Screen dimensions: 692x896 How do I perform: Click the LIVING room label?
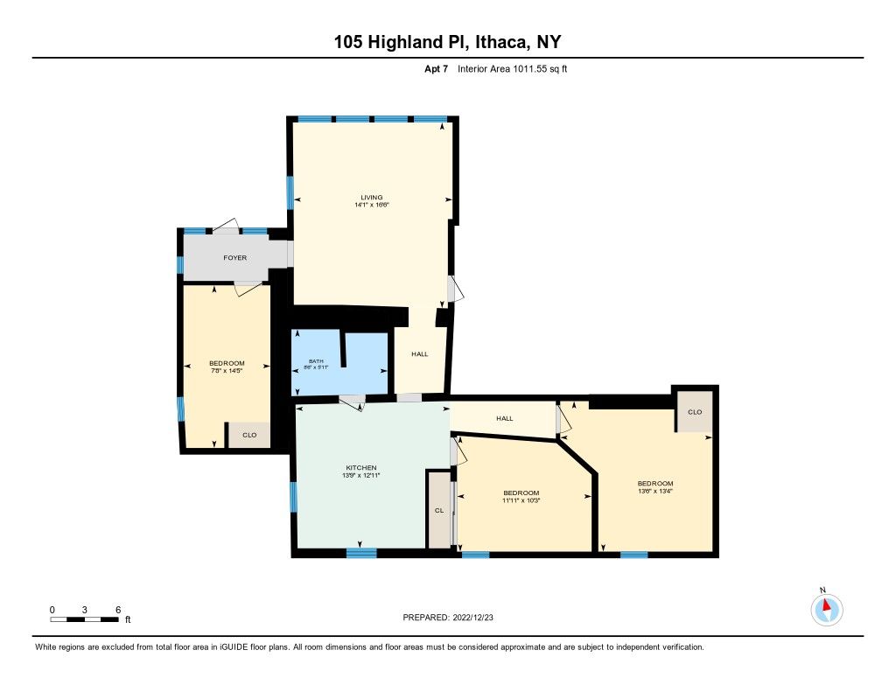371,197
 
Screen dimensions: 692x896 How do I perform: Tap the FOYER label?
234,258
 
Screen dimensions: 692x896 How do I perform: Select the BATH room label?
315,360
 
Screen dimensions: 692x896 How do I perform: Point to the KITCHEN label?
360,468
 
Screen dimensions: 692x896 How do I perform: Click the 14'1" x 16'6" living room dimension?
371,206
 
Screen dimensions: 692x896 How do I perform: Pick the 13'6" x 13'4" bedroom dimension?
654,492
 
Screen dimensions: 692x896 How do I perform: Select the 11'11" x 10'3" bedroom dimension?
521,500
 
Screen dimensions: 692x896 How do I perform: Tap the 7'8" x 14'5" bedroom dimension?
226,371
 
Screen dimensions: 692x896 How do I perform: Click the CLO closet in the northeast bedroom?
695,412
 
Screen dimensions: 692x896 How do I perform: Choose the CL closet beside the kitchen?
438,511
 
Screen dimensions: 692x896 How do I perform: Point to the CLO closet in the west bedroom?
249,434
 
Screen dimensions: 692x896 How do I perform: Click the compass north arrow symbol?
823,607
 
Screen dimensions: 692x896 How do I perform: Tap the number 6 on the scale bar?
117,609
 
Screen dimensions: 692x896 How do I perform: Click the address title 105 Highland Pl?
447,42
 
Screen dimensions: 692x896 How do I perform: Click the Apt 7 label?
436,67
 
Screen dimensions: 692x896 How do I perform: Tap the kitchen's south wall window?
360,552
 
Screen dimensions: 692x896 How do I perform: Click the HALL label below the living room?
420,353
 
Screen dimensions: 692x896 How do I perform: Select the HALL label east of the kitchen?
504,418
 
